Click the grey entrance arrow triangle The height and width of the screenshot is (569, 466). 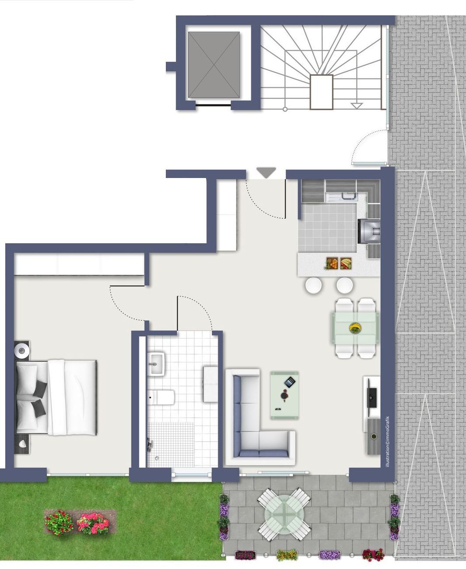pos(266,172)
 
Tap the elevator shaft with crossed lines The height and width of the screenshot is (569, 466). pos(214,65)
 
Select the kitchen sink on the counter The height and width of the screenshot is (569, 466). pos(342,197)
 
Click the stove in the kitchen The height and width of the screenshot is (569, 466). pos(369,231)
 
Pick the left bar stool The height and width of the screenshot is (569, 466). pos(313,285)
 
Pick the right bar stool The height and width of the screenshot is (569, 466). pos(344,285)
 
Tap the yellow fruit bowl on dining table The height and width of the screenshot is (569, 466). pos(355,328)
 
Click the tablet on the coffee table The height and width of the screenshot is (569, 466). pos(290,382)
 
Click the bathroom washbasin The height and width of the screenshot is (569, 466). pos(156,364)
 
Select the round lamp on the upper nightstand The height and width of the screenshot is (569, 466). pos(21,350)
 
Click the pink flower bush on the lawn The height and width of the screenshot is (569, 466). pos(93,524)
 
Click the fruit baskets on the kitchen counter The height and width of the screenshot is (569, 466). pos(339,263)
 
